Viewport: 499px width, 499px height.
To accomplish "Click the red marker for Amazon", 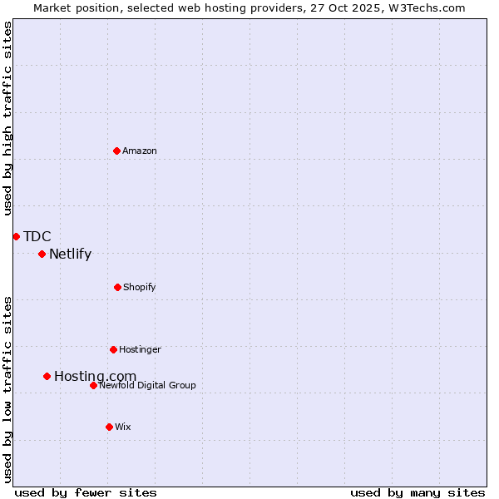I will click(116, 151).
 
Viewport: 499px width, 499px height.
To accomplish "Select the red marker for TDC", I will click(16, 236).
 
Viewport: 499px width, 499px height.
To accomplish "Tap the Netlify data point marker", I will click(42, 254).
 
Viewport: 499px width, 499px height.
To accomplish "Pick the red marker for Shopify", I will click(117, 287).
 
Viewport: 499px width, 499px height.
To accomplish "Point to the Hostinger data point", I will click(113, 349).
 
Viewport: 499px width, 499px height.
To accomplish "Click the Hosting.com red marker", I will click(47, 376).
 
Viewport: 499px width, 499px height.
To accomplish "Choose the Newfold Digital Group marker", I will click(93, 385).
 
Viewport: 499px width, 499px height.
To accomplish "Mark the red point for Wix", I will click(109, 427).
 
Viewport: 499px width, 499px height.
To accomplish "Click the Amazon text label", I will click(140, 151).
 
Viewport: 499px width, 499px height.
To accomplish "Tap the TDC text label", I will click(37, 237).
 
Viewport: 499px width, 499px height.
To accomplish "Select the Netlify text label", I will click(70, 254).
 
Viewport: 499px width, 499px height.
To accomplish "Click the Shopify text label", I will click(140, 287).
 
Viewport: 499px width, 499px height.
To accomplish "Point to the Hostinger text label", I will click(140, 349).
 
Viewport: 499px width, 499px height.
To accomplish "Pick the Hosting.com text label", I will click(95, 377).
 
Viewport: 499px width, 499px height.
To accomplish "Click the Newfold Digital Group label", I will click(147, 385).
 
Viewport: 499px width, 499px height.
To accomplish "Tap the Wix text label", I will click(123, 427).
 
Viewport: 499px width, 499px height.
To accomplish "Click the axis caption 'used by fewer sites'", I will click(86, 492).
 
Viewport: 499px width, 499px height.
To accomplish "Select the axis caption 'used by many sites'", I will click(417, 492).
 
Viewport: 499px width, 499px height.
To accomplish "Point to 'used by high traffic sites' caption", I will click(7, 118).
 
